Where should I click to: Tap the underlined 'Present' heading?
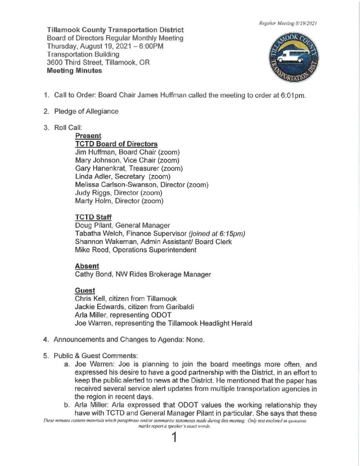pyautogui.click(x=88, y=136)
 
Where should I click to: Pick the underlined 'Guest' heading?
pyautogui.click(x=85, y=290)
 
